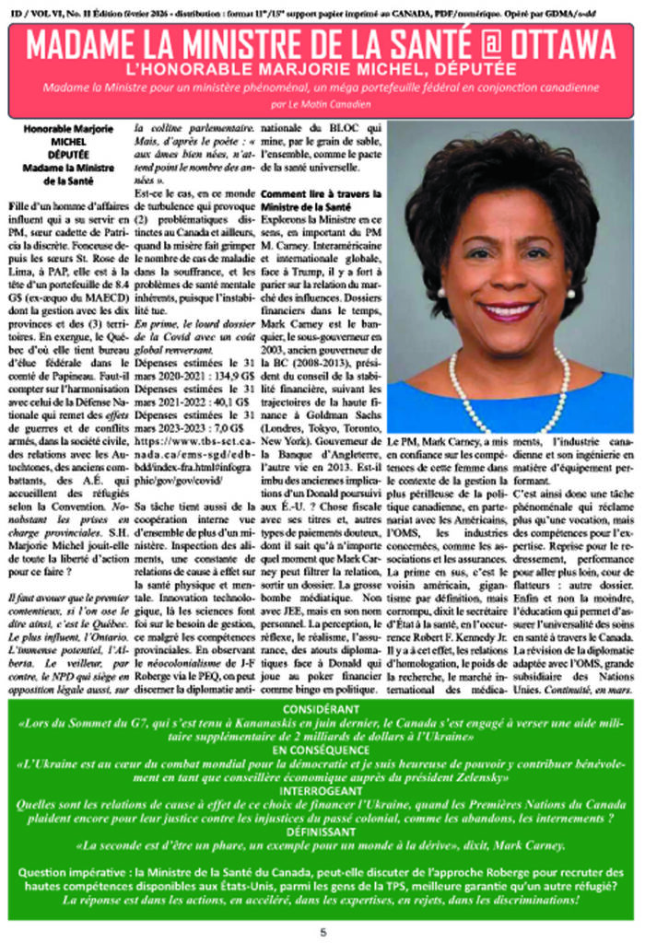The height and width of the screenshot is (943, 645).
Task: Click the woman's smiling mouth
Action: (x=510, y=310)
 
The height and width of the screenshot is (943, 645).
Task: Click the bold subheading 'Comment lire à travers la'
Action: (x=320, y=194)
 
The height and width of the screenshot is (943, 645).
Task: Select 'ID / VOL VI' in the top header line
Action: (x=37, y=8)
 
